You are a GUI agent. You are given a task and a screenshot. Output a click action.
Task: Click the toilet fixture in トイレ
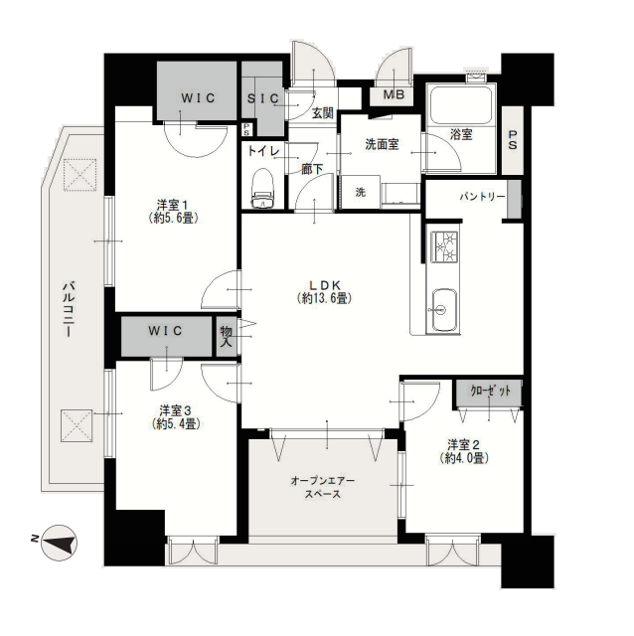click(262, 189)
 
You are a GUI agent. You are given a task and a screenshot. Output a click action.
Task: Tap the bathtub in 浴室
click(462, 105)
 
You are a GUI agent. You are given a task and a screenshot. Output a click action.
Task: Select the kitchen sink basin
click(444, 309)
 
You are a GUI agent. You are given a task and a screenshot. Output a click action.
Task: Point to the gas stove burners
click(444, 246)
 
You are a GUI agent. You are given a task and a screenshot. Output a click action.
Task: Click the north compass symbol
click(60, 543)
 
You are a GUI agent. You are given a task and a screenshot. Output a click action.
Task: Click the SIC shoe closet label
click(263, 98)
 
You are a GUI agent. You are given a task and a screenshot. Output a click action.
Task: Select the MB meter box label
click(394, 95)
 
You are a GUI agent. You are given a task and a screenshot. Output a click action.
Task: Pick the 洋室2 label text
click(464, 444)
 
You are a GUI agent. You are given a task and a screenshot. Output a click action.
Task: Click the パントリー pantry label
click(482, 197)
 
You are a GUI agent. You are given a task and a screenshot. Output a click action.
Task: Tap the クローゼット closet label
click(490, 392)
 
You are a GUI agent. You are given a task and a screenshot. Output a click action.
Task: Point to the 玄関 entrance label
click(323, 113)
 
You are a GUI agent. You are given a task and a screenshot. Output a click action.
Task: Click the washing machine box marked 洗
click(361, 192)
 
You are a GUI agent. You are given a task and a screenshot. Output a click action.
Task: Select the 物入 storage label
click(226, 337)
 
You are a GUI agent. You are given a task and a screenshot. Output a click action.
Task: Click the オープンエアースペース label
click(323, 488)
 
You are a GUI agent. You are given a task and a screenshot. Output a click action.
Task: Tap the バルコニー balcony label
click(69, 309)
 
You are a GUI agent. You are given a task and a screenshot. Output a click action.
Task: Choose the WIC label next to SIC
click(198, 98)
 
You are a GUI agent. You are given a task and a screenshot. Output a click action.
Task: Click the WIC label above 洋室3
click(166, 331)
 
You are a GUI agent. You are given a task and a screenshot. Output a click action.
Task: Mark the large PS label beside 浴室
click(513, 139)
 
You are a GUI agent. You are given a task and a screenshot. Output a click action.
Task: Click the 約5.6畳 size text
click(174, 219)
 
